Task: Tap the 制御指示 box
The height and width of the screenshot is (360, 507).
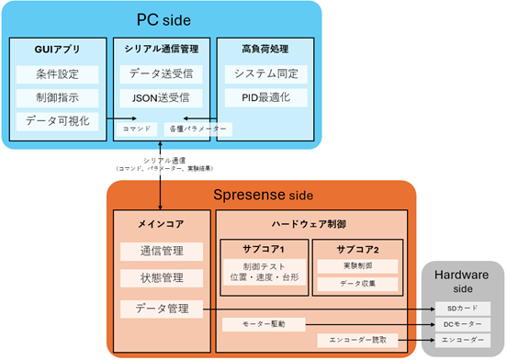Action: pos(56,97)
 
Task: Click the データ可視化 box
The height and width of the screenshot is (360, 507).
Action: pos(56,119)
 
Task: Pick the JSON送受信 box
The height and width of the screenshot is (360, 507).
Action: pos(161,97)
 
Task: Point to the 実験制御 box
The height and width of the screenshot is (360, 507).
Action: pos(357,265)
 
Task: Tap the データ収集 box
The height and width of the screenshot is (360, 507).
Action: pos(357,284)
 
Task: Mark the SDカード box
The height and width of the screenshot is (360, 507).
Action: pos(465,308)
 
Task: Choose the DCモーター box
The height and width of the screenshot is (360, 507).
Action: pos(465,324)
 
